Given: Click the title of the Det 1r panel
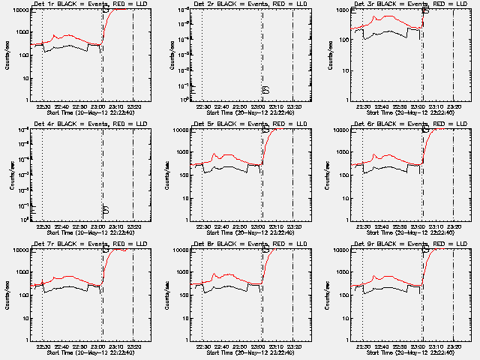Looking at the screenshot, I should pos(88,4).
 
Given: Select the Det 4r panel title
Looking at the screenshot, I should pos(88,124).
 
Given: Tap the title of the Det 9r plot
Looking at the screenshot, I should pos(409,244).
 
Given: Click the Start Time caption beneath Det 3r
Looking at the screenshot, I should pos(409,112).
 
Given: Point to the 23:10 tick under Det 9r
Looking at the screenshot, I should pos(436,346).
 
